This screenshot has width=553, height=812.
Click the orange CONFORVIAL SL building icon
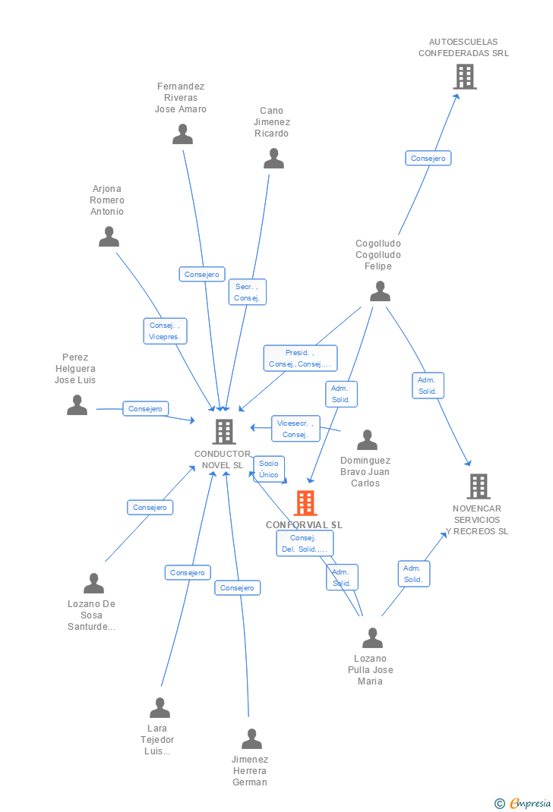305,502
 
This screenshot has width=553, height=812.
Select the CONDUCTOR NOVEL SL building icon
223,432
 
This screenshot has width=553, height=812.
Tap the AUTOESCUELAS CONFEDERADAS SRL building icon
464,77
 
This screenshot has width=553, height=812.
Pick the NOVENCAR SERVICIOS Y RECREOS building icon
478,486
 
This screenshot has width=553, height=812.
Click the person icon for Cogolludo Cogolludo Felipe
380,291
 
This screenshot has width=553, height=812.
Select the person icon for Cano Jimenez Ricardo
273,159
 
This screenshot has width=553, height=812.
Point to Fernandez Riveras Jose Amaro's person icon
182,134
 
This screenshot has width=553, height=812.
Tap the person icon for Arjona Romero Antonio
109,237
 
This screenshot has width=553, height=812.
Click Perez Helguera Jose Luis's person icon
77,405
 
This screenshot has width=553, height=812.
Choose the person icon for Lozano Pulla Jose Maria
372,638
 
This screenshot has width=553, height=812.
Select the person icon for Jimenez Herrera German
251,739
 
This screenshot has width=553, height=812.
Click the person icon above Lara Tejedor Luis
160,708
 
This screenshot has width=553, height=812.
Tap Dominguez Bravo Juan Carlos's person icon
367,440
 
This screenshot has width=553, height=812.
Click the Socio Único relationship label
268,469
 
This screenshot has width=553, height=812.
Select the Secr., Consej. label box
247,292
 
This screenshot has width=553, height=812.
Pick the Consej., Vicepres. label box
165,331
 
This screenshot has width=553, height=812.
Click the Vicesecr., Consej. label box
295,429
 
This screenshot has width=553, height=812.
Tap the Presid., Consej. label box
300,358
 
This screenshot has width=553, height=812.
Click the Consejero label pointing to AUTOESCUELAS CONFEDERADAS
428,158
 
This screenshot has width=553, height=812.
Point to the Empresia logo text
529,803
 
